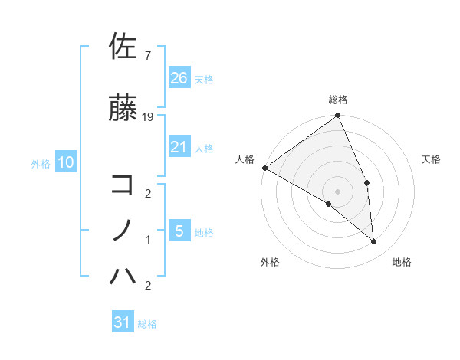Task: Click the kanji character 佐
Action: (x=123, y=47)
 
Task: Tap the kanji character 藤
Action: (x=123, y=107)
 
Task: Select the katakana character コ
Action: (x=123, y=183)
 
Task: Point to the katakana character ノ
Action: (x=123, y=229)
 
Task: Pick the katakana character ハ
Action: (x=123, y=275)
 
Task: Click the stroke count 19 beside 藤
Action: (x=149, y=117)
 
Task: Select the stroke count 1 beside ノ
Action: (x=148, y=240)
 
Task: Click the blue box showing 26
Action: (x=179, y=77)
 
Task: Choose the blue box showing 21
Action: (x=179, y=147)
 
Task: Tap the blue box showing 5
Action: (x=179, y=231)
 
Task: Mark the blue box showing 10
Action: (x=65, y=162)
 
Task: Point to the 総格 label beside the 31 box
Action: (x=147, y=324)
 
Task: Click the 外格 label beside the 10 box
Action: (x=41, y=163)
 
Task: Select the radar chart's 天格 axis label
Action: (x=432, y=159)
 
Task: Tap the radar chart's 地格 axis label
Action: (x=402, y=262)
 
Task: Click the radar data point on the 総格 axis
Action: (x=337, y=116)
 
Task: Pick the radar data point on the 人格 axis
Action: (x=264, y=168)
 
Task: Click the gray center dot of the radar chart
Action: (x=337, y=191)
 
